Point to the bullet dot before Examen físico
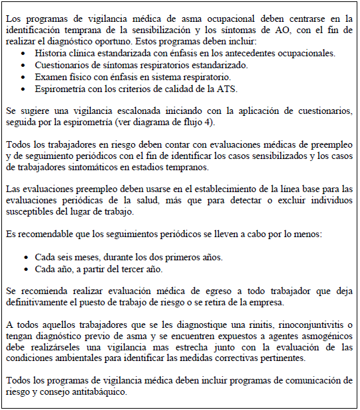tap(25, 77)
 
